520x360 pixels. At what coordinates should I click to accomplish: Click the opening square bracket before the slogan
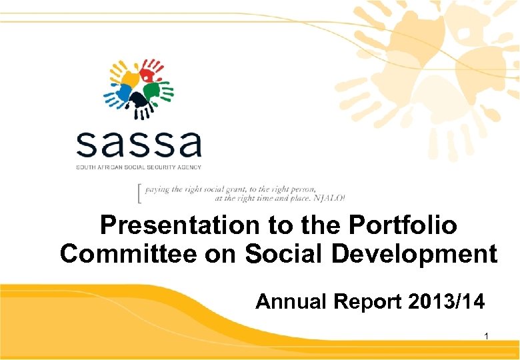coord(138,193)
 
